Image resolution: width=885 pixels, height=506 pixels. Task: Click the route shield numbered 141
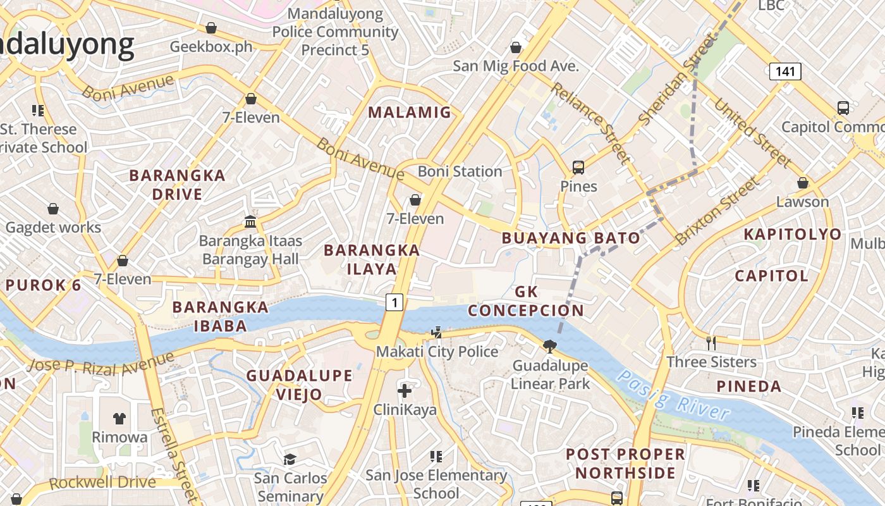pos(784,71)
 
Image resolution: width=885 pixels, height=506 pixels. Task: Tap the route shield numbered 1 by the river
pos(394,303)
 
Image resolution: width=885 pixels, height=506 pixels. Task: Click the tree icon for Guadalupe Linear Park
pos(550,346)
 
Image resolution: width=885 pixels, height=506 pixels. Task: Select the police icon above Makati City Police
pos(436,332)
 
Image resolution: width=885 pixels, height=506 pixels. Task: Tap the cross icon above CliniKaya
pos(405,390)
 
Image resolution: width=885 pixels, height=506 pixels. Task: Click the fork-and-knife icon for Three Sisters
pos(711,343)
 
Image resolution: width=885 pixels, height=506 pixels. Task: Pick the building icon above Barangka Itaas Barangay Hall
pos(250,222)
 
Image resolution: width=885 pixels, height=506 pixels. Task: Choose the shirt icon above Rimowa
pos(119,418)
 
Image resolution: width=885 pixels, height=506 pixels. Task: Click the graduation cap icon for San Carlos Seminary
pos(290,459)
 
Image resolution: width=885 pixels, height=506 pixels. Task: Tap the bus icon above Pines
pos(578,168)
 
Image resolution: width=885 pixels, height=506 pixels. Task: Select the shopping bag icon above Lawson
pos(802,183)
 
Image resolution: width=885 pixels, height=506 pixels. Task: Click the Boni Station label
pos(460,171)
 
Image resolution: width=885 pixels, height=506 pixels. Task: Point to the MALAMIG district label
pos(410,113)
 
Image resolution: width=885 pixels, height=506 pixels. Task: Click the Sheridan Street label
pos(679,79)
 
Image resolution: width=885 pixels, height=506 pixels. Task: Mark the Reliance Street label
pos(590,123)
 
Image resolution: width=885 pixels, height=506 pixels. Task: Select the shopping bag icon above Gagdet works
pos(53,209)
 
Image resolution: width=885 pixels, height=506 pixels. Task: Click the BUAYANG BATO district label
pos(570,238)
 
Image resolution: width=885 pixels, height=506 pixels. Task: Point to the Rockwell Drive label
pos(102,483)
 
